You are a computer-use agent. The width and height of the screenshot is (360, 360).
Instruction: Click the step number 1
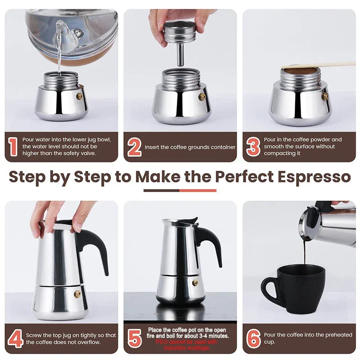(x=13, y=147)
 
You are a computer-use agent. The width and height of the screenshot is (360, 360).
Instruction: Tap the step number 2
(x=134, y=147)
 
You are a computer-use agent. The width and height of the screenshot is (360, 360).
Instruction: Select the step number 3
(x=253, y=147)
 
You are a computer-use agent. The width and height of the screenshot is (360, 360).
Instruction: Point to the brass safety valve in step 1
(x=80, y=96)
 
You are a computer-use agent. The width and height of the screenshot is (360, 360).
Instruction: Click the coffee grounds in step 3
(x=297, y=71)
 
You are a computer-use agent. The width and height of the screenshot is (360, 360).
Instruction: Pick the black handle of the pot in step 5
(x=210, y=243)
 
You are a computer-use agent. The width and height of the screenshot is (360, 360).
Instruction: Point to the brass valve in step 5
(x=195, y=283)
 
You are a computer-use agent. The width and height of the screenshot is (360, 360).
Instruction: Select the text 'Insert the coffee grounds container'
(x=190, y=147)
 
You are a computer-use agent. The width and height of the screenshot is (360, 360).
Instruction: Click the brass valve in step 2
(x=202, y=96)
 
